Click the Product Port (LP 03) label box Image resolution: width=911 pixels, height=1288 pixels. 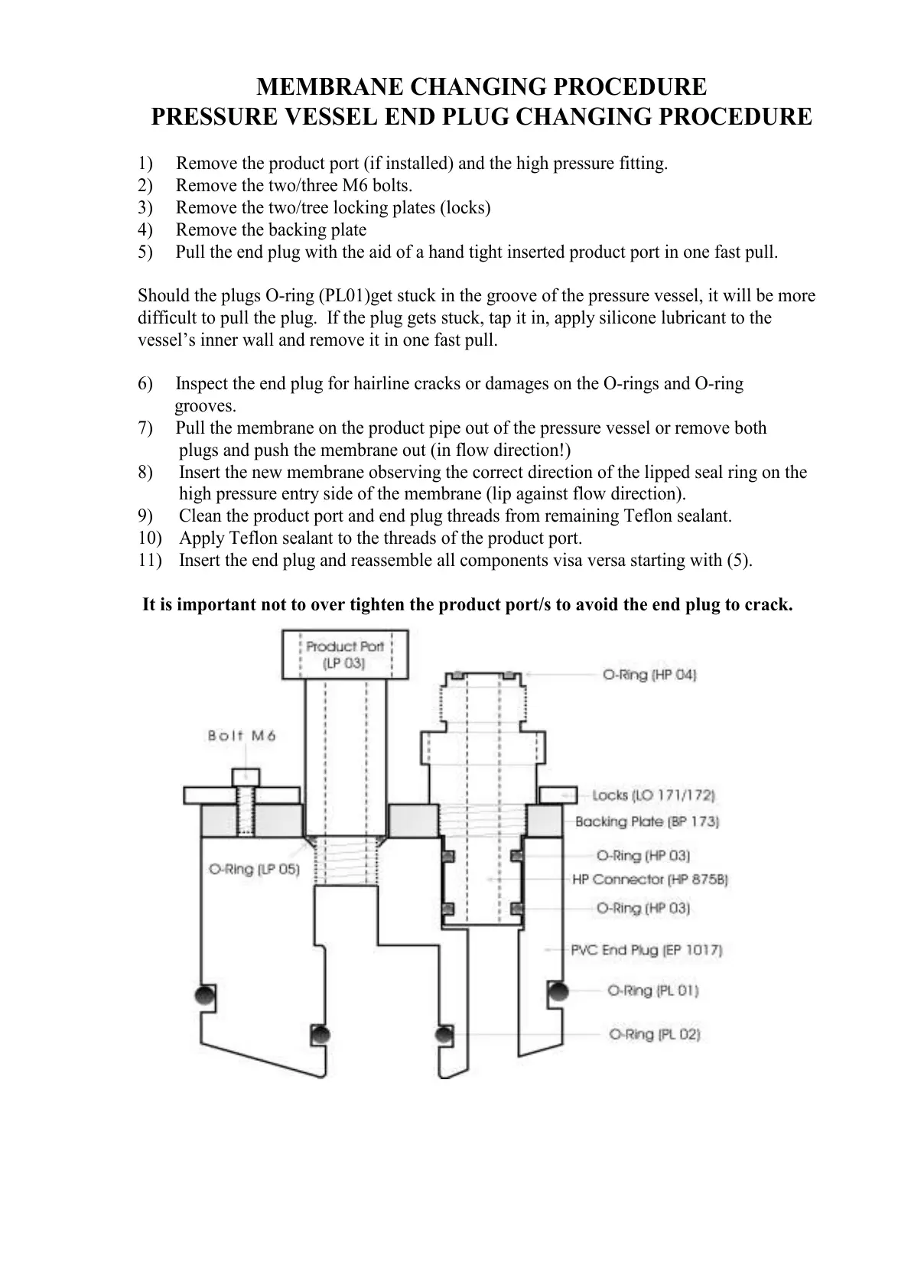click(x=345, y=655)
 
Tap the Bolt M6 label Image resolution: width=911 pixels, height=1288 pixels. click(x=242, y=736)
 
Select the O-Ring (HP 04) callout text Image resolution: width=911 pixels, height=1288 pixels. click(x=649, y=675)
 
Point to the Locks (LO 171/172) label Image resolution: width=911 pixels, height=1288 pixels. click(x=653, y=795)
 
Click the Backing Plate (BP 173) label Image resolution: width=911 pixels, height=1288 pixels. click(x=646, y=821)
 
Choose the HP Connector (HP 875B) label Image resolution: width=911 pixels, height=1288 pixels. click(x=649, y=880)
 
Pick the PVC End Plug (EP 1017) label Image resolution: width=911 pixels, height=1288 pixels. click(x=646, y=950)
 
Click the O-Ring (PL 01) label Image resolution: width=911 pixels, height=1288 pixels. click(x=652, y=990)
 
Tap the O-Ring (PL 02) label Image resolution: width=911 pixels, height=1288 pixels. click(x=654, y=1034)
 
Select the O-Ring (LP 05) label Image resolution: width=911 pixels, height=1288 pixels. click(x=254, y=870)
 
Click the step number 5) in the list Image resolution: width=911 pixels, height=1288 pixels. click(x=145, y=252)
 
